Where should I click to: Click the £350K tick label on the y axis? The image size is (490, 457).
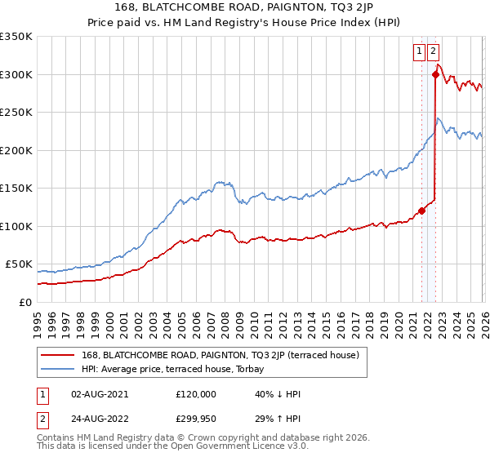(x=16, y=37)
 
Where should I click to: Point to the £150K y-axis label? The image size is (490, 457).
(x=16, y=189)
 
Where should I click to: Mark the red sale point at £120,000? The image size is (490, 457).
(x=422, y=211)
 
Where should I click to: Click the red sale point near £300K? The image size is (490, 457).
(x=435, y=75)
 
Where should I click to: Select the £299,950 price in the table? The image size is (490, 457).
(x=195, y=420)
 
